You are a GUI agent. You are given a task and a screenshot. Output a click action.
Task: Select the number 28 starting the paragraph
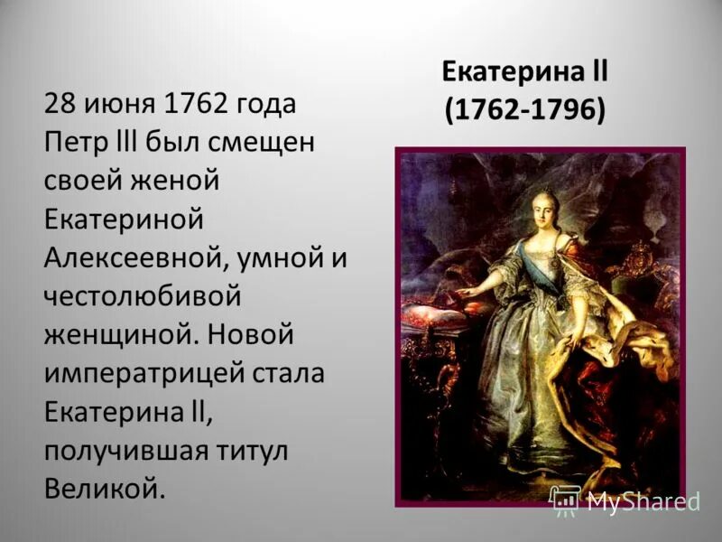[60, 103]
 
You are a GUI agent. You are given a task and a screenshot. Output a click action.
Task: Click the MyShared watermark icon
[565, 500]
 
